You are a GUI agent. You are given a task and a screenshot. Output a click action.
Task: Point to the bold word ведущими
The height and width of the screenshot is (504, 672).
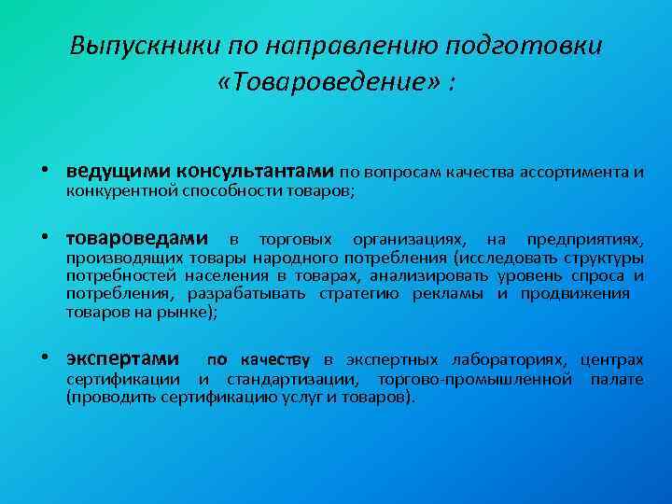point(125,172)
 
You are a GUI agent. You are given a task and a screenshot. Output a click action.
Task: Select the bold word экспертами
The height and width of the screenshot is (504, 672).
point(123,359)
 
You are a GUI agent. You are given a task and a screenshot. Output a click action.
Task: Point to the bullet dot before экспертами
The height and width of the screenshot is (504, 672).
point(56,359)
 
